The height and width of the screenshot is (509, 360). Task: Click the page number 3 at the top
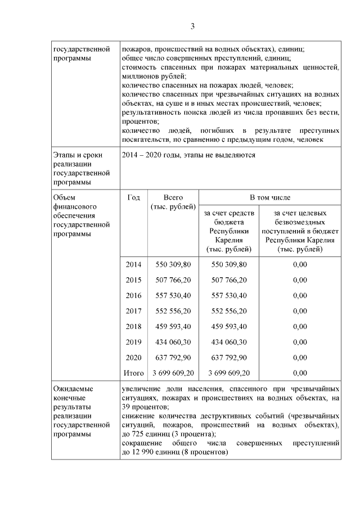tap(192, 26)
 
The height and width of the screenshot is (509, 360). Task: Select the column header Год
tap(134, 198)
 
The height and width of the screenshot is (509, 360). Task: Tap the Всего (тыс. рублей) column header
tap(173, 203)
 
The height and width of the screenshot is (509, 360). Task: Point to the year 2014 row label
tap(134, 264)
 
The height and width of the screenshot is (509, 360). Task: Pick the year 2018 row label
tap(134, 326)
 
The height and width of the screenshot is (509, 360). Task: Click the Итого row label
tap(134, 372)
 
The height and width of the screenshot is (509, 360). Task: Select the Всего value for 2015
tap(173, 280)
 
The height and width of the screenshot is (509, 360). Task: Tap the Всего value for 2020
tap(173, 357)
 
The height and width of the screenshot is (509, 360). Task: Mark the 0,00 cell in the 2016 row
tap(300, 295)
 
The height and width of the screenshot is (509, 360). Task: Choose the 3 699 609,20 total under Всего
tap(173, 372)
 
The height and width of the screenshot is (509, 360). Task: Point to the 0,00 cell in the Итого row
tap(300, 372)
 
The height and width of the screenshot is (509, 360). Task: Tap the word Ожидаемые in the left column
tap(73, 389)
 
